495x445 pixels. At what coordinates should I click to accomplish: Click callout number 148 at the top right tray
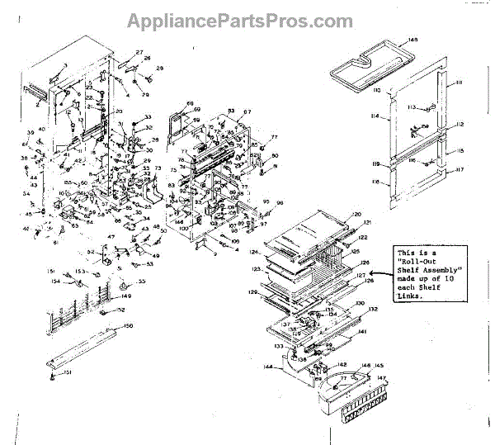coord(412,40)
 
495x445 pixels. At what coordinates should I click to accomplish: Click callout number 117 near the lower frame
coord(461,171)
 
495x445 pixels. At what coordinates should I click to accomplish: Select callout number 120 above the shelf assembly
coord(357,214)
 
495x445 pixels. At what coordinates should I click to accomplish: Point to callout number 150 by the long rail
coord(128,327)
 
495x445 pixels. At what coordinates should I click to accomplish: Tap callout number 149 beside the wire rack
coord(127,296)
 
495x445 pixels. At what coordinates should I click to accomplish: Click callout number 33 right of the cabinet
coord(148,116)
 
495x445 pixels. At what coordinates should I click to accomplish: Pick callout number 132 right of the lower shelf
coord(373,309)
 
